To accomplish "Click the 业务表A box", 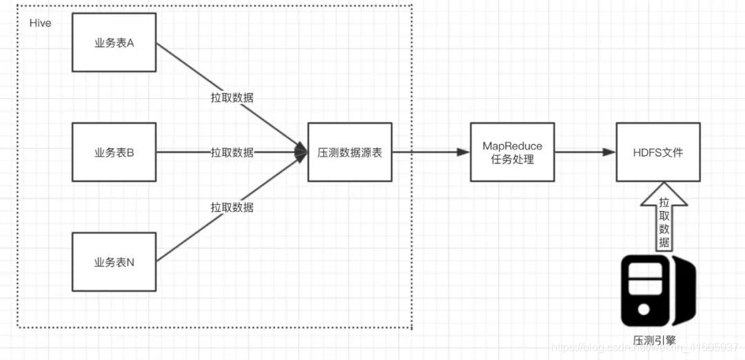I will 114,43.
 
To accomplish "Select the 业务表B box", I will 114,152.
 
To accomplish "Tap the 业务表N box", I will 114,261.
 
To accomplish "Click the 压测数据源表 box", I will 350,152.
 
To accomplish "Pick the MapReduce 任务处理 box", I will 512,152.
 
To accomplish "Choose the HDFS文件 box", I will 658,152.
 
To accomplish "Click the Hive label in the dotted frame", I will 41,23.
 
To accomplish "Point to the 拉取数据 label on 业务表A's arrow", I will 232,98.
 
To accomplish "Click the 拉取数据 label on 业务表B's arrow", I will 232,152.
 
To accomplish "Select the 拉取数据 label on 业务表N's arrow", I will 232,207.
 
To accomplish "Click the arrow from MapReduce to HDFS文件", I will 585,152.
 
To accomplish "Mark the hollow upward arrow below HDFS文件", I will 664,215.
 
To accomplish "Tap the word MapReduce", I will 512,146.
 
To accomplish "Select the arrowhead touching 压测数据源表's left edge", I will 301,152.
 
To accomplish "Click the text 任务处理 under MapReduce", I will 512,159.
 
